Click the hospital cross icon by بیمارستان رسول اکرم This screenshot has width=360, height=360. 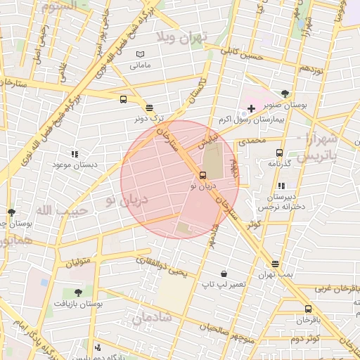(251, 108)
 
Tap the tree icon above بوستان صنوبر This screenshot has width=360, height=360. (284, 93)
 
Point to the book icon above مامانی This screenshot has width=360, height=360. (139, 54)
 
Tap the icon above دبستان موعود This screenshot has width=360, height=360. (74, 153)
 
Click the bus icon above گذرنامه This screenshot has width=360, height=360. (279, 153)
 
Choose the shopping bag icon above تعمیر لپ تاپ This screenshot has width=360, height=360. (224, 274)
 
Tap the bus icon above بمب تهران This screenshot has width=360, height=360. (274, 264)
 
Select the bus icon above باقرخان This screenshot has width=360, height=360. (308, 309)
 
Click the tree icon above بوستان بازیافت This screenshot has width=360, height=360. (77, 292)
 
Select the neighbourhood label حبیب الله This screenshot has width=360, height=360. (62, 210)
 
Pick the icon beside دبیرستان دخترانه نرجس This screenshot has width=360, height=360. (281, 186)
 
